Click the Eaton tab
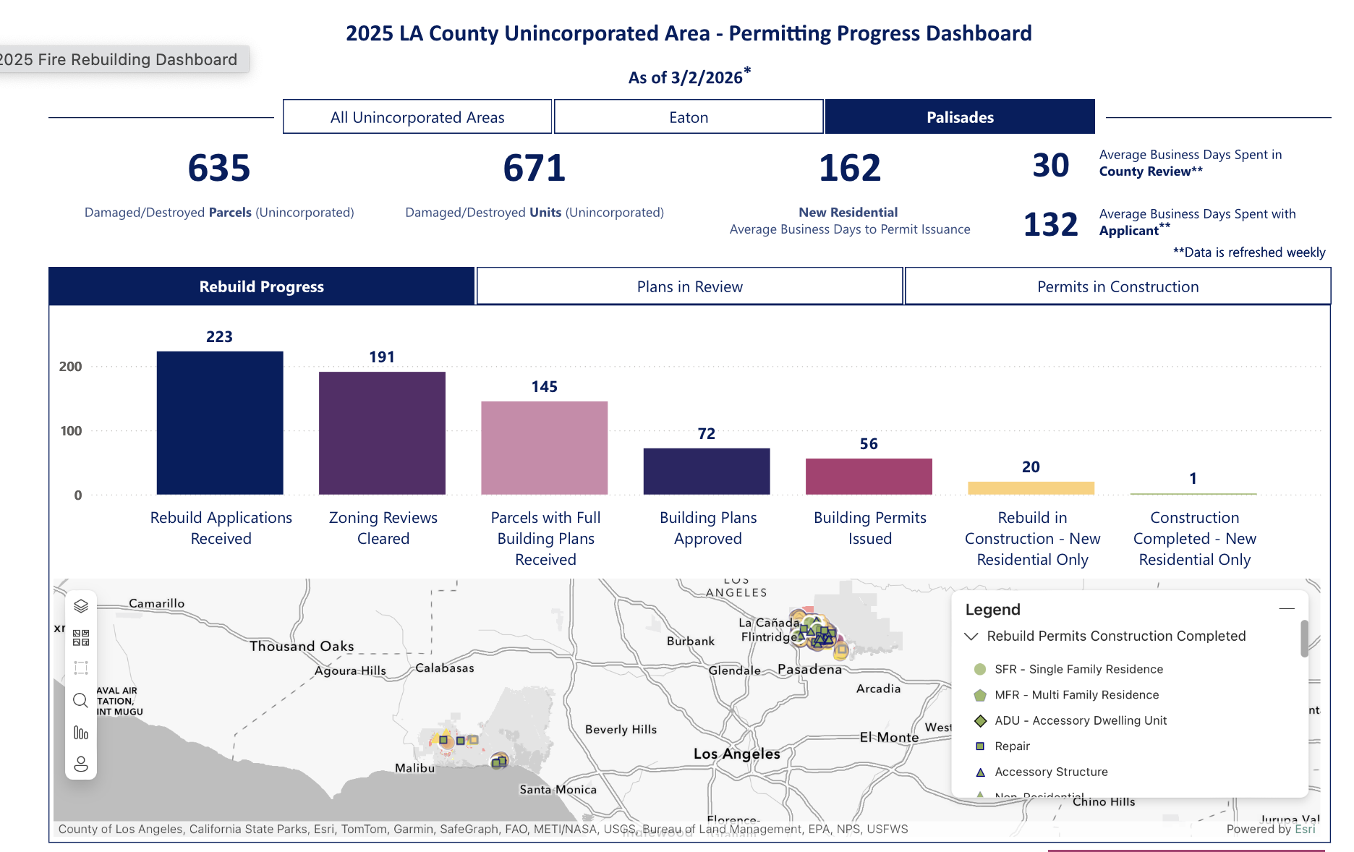click(689, 117)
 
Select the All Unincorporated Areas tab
click(417, 117)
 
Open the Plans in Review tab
click(689, 286)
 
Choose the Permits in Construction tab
click(1117, 286)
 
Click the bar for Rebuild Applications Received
click(220, 423)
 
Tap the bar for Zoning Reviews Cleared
click(382, 433)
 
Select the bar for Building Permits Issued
click(869, 477)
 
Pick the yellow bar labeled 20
click(1031, 488)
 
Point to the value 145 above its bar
click(544, 387)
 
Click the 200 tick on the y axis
click(71, 367)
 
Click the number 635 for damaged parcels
click(219, 169)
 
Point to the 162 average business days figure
click(850, 169)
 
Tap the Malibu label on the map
click(414, 768)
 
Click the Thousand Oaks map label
click(302, 646)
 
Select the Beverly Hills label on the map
click(621, 729)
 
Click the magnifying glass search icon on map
click(81, 700)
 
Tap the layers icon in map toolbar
click(81, 605)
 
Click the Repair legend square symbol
click(981, 746)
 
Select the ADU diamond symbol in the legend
click(981, 720)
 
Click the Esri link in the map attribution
click(1305, 829)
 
